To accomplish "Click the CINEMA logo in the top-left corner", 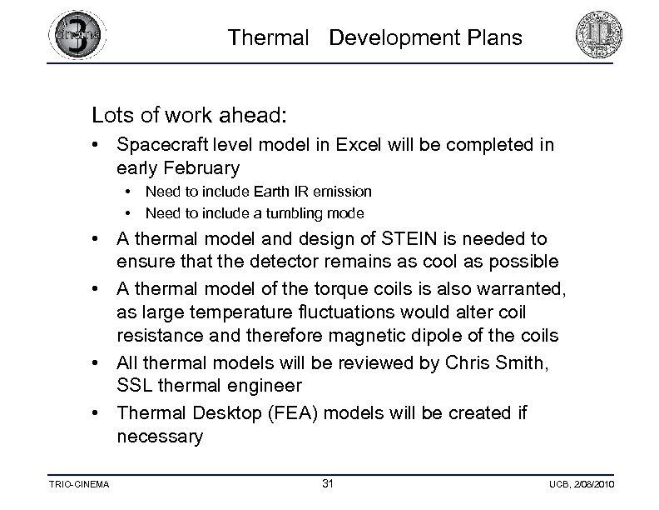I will click(x=77, y=36).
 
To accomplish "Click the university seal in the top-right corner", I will click(x=599, y=37).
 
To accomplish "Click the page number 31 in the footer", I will click(x=328, y=483).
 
